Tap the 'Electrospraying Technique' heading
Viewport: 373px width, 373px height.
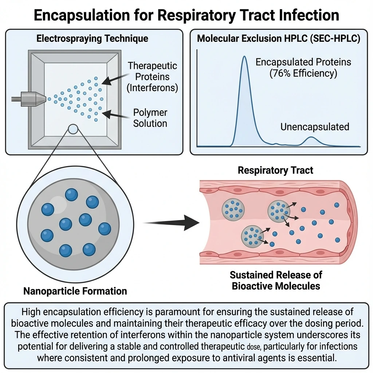point(92,39)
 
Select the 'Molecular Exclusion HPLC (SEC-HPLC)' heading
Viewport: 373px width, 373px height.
point(279,39)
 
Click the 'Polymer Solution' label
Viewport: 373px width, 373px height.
point(150,118)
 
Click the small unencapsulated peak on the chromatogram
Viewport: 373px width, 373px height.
point(310,141)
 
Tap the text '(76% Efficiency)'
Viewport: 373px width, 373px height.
point(303,73)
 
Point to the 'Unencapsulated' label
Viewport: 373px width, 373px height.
point(315,127)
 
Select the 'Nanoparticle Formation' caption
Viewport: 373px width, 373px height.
point(75,291)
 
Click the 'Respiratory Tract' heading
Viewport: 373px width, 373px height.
point(275,170)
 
